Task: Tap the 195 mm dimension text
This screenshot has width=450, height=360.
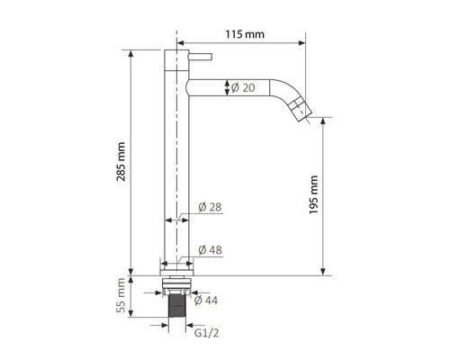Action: [x=314, y=193]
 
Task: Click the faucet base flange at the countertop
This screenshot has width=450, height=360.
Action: [x=177, y=266]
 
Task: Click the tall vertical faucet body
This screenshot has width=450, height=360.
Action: [x=177, y=162]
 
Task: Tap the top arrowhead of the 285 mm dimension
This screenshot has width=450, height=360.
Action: [x=133, y=52]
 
